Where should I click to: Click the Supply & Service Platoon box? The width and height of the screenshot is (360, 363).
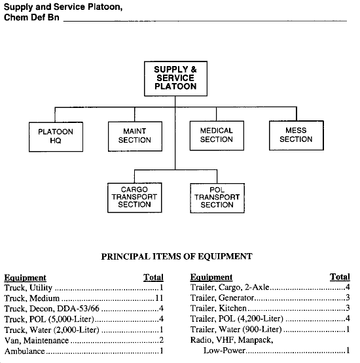click(175, 78)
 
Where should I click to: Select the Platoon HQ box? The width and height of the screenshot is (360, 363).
click(56, 137)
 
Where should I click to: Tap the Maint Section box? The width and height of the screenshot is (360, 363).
click(135, 136)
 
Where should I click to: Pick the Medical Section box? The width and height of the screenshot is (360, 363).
click(217, 135)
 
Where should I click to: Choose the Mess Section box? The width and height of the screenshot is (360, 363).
click(297, 135)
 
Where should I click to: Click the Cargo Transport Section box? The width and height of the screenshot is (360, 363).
click(135, 198)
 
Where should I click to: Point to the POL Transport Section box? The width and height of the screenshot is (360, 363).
click(217, 198)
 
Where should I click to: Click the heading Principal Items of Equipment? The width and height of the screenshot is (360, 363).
click(177, 256)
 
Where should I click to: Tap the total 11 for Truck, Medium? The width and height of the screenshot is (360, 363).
click(159, 298)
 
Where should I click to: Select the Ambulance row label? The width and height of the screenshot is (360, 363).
click(25, 351)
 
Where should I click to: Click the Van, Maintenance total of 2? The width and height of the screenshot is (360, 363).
click(161, 340)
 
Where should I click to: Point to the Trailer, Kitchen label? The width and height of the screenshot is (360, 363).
click(219, 308)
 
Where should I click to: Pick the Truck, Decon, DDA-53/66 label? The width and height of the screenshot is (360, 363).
click(52, 308)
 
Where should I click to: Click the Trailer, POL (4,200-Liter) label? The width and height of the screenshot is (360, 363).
click(237, 319)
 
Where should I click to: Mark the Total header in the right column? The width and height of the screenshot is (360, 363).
click(340, 277)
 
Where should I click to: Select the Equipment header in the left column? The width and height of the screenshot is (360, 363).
click(26, 277)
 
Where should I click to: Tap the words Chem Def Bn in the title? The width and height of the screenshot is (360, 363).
click(31, 18)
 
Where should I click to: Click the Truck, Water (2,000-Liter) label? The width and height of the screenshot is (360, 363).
click(52, 330)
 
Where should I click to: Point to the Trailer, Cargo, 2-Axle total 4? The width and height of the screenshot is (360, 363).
click(348, 287)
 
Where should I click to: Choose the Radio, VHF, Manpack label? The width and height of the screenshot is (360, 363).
click(232, 340)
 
